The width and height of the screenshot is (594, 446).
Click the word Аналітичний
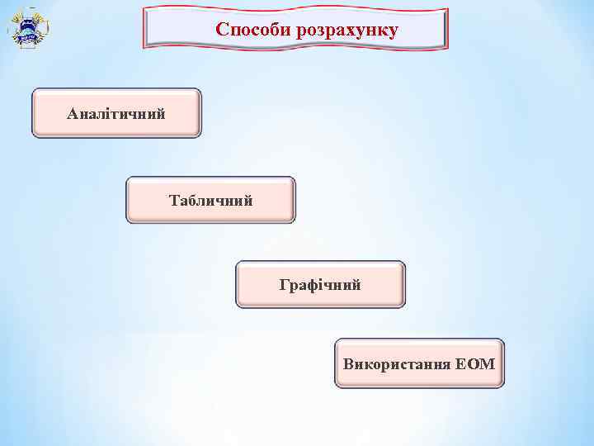coord(115,112)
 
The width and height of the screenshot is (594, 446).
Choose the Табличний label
coord(210,200)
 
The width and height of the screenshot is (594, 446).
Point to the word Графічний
coord(320,285)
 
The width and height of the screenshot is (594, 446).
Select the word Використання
coord(396,363)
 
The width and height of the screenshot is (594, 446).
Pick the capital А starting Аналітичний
coord(72,112)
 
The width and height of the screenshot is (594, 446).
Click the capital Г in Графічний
coord(284,285)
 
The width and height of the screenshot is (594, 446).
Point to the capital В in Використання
coord(347,363)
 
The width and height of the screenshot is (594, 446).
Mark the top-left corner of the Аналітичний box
coord(33,90)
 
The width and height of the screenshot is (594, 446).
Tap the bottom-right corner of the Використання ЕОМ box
coord(502,387)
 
